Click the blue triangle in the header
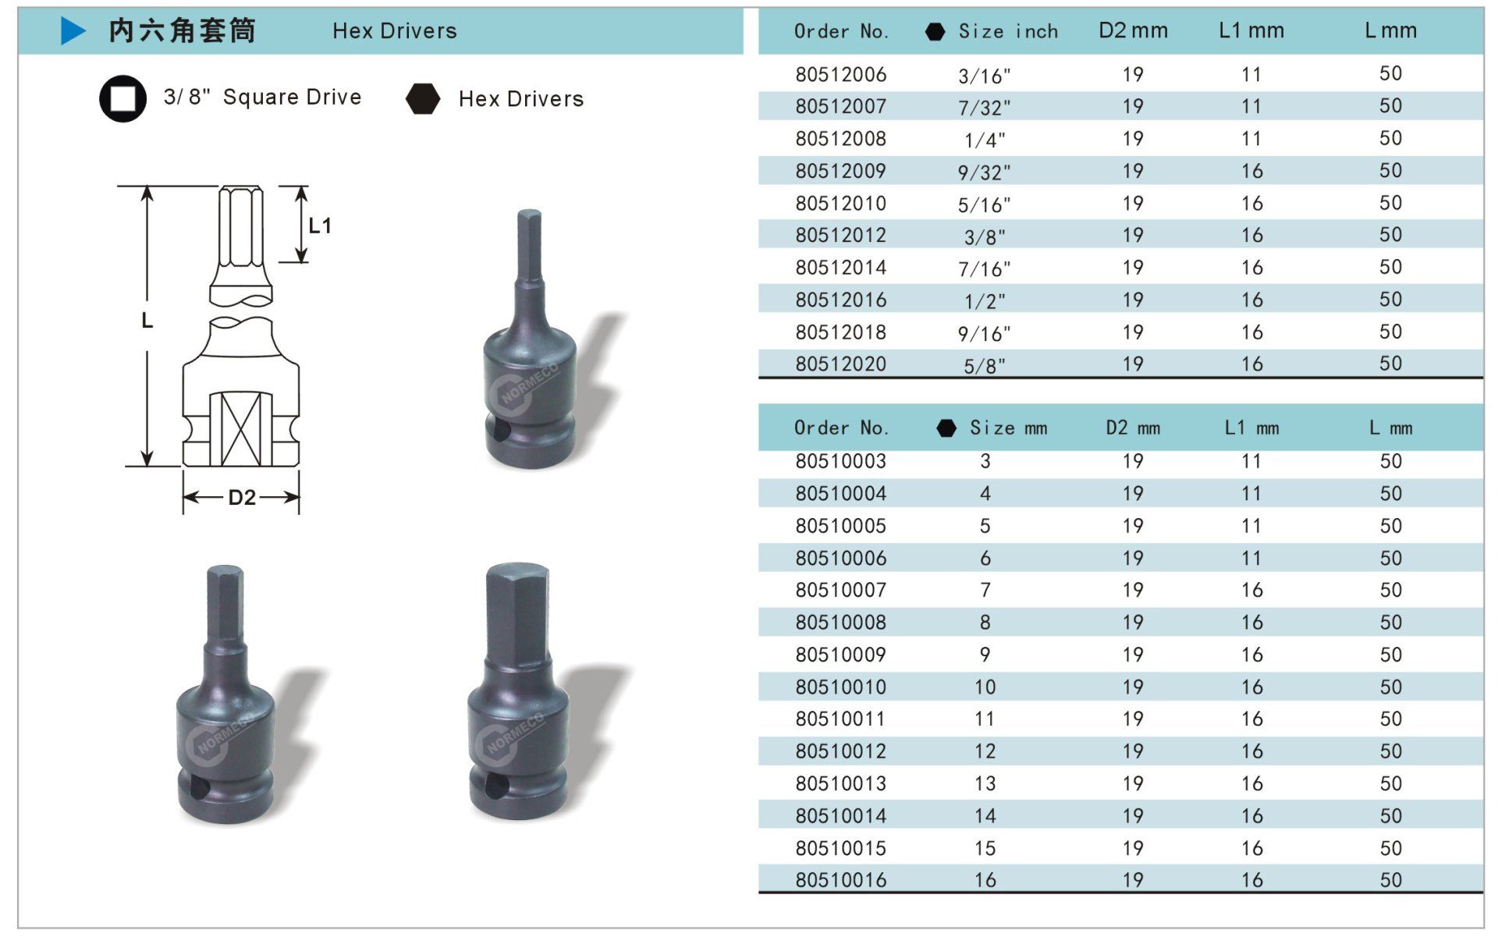pyautogui.click(x=73, y=30)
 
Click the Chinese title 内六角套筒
pyautogui.click(x=183, y=30)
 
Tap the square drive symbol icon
pyautogui.click(x=122, y=98)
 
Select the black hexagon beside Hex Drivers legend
pyautogui.click(x=423, y=98)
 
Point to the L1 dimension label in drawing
pyautogui.click(x=320, y=225)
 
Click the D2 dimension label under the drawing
pyautogui.click(x=242, y=497)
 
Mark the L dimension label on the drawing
pyautogui.click(x=147, y=321)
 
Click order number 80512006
pyautogui.click(x=840, y=74)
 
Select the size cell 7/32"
pyautogui.click(x=984, y=107)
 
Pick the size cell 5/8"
pyautogui.click(x=984, y=364)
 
